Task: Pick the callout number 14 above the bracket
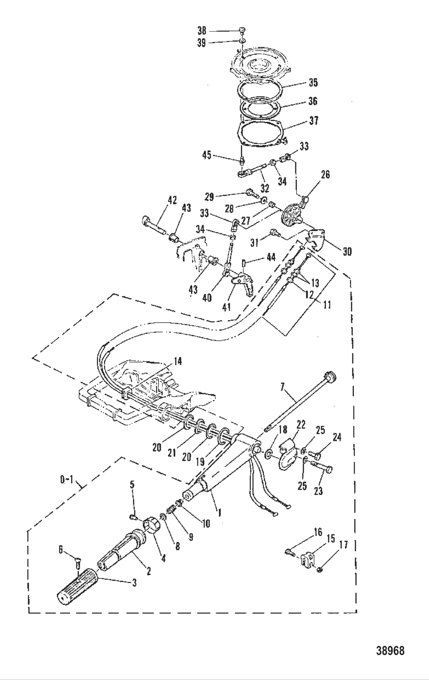(178, 361)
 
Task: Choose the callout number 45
(206, 155)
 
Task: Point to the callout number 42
(172, 200)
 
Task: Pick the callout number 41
(226, 307)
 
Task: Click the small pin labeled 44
(244, 264)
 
